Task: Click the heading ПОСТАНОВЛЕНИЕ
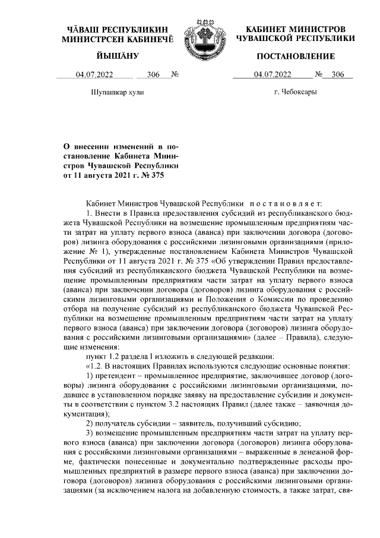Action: [x=295, y=56]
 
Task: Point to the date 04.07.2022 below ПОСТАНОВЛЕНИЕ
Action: [x=272, y=75]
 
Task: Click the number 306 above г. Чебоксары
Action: [x=338, y=75]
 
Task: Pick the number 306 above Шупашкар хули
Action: [x=153, y=75]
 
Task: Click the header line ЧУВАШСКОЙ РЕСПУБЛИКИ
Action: [x=295, y=38]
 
